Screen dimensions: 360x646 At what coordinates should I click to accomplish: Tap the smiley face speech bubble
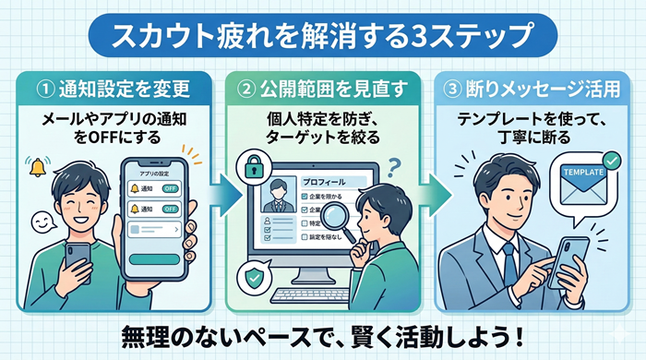(x=40, y=222)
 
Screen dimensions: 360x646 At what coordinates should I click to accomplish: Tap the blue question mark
(x=391, y=166)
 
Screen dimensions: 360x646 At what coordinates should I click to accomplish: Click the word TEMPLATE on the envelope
(x=580, y=170)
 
